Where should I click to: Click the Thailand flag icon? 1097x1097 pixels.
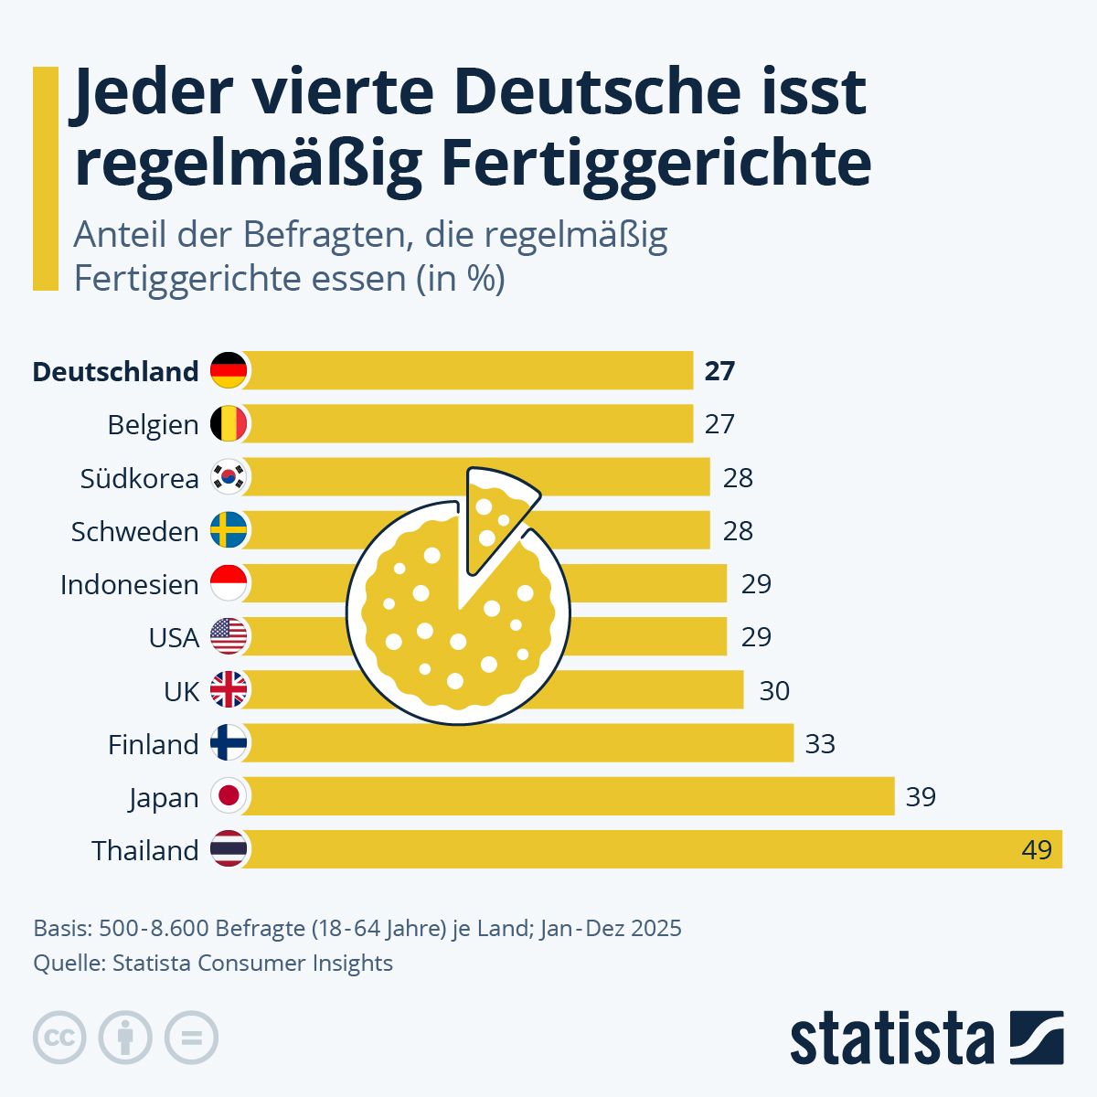(x=229, y=849)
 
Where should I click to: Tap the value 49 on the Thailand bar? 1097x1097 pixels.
(x=1037, y=850)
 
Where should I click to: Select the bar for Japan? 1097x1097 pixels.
(x=567, y=796)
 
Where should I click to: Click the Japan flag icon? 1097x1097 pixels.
(x=229, y=796)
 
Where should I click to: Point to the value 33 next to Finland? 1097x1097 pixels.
(x=820, y=744)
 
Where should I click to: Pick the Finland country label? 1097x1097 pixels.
(x=153, y=744)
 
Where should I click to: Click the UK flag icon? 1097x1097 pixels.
(x=229, y=690)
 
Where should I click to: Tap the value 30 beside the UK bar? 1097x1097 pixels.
(x=774, y=691)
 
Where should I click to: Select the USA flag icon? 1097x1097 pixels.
(x=229, y=636)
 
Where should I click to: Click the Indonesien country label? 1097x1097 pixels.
(x=129, y=584)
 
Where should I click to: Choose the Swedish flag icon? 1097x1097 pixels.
(x=229, y=530)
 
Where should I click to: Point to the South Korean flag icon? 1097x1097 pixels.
(x=229, y=477)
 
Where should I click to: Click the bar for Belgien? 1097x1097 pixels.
(x=466, y=424)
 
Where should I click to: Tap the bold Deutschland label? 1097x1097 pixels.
(x=115, y=371)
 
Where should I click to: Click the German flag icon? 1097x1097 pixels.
(x=229, y=370)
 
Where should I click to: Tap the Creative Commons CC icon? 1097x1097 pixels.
(x=59, y=1038)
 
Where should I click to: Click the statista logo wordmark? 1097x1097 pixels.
(x=891, y=1038)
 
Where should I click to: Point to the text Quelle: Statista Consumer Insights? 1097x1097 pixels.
(x=213, y=963)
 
